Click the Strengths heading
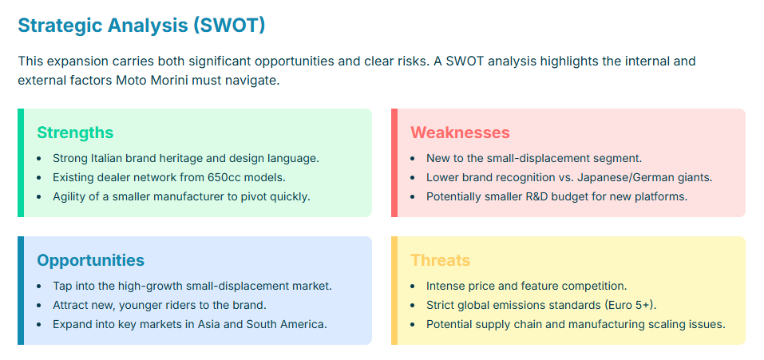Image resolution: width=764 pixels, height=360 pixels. click(75, 133)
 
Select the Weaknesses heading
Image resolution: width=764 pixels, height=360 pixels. click(460, 133)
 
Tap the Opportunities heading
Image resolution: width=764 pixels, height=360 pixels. click(91, 260)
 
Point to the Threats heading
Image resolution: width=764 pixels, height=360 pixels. click(440, 260)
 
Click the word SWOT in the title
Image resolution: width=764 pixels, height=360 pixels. click(229, 26)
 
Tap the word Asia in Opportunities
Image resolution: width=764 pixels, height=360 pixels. click(208, 324)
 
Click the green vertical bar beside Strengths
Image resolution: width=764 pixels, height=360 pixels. click(21, 163)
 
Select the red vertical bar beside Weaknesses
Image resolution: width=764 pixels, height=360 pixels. click(394, 163)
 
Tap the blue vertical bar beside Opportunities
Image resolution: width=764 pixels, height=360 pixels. click(21, 291)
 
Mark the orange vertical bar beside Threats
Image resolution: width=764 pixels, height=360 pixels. click(394, 291)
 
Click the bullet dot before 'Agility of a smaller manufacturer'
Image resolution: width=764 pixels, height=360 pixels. click(39, 197)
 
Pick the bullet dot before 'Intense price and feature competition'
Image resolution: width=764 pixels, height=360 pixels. click(414, 286)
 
